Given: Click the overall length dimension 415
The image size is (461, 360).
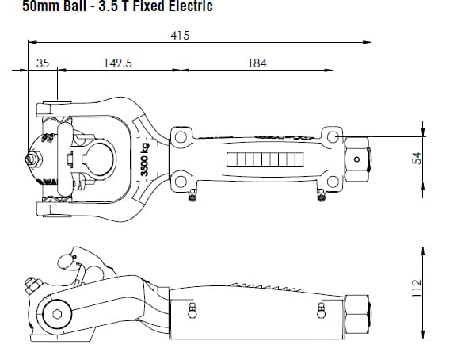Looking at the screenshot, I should (x=179, y=36).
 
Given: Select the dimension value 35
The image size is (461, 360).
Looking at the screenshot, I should (x=42, y=63).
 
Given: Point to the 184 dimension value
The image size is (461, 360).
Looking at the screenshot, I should (x=257, y=63).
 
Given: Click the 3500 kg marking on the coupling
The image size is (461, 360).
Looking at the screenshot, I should (x=144, y=159).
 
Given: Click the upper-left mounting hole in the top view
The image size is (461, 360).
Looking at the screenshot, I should (x=181, y=136).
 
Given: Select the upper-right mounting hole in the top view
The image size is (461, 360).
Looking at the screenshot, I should (x=333, y=136).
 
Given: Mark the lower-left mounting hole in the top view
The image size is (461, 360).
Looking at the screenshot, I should (x=181, y=182).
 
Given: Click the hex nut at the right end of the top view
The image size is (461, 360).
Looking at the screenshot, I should (x=357, y=159).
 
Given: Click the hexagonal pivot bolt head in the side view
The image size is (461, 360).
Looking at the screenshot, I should (x=57, y=314).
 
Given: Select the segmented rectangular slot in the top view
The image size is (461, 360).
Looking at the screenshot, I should (x=265, y=159).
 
